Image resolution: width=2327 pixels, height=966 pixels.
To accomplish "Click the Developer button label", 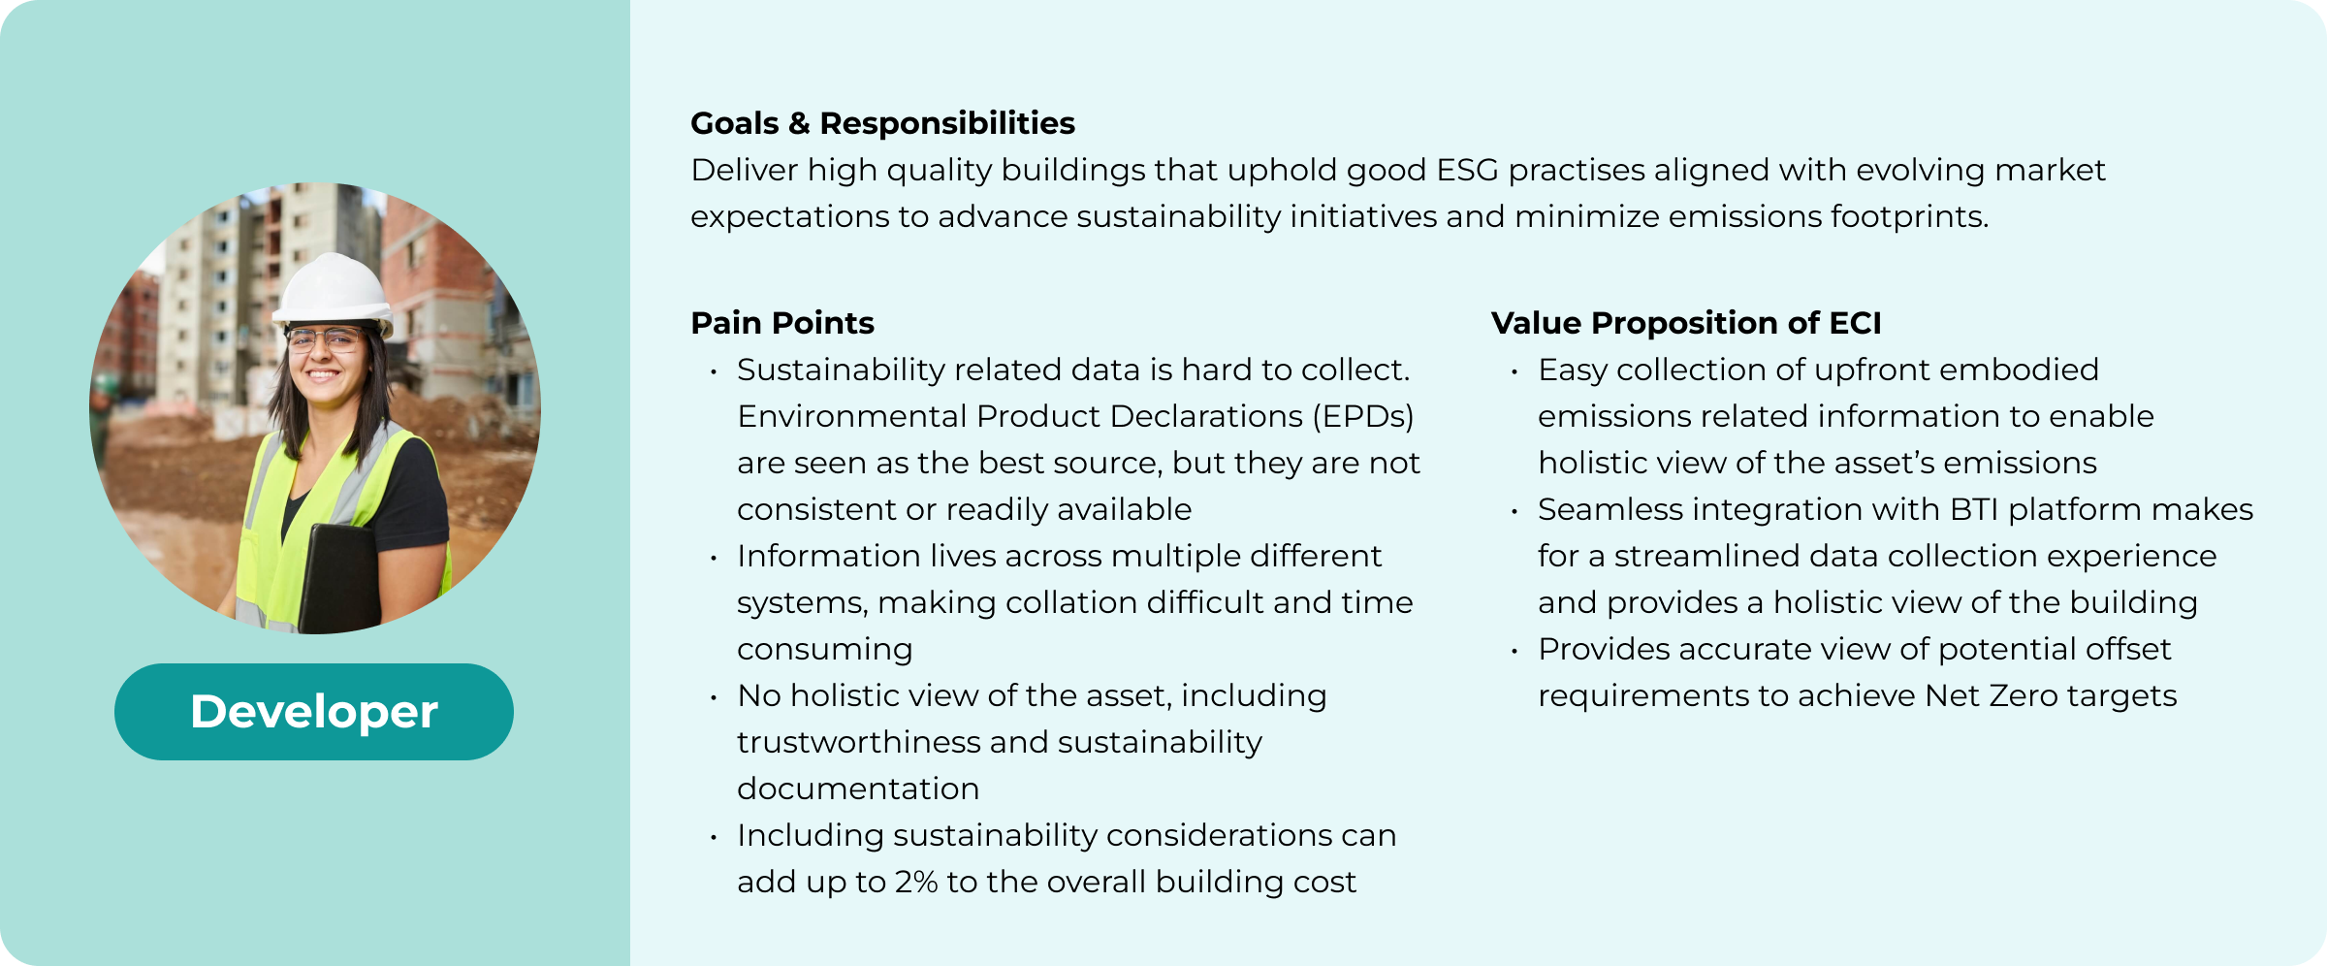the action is (x=314, y=711).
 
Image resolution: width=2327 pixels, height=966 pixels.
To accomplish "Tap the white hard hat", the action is (x=334, y=289).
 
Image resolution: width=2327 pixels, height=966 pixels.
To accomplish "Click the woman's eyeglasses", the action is (x=325, y=340).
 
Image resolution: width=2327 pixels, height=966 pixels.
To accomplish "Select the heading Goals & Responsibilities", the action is (x=882, y=123).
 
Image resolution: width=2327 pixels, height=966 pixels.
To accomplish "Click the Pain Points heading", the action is (x=782, y=323).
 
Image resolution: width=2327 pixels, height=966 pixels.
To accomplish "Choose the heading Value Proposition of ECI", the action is (x=1686, y=323).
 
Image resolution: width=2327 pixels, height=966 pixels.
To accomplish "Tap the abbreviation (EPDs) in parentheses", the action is (x=1363, y=416).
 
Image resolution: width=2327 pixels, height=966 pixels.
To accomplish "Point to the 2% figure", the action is (x=916, y=882).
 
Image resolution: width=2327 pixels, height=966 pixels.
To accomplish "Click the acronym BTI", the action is (x=1974, y=509).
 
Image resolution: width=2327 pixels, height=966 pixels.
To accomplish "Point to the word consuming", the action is (x=825, y=650).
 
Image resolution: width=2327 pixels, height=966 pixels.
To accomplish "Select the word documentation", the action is (x=858, y=789).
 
